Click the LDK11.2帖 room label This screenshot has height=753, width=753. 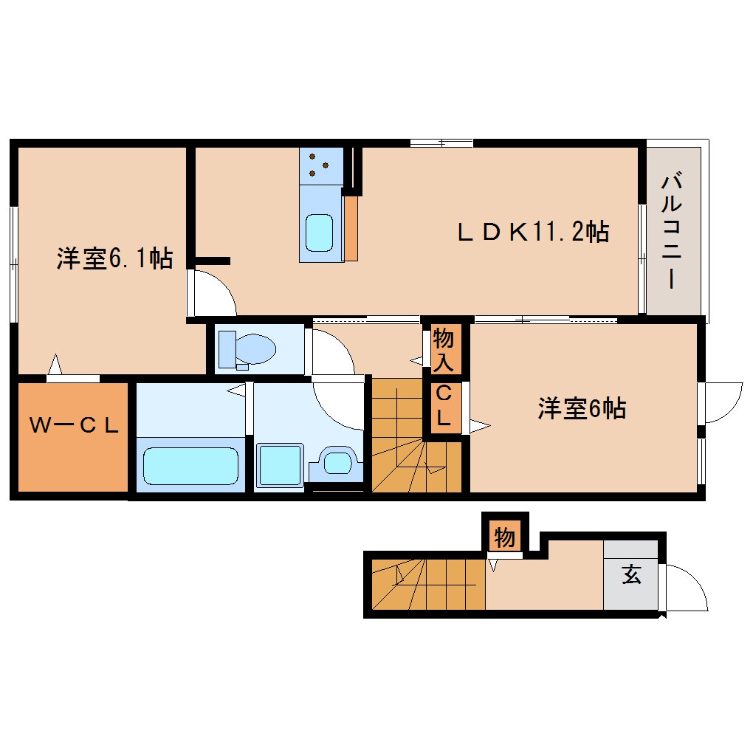532,233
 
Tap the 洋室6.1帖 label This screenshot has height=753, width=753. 114,259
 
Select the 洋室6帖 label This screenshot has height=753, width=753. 582,408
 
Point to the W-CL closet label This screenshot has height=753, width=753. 73,426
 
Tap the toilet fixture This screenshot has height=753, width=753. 247,349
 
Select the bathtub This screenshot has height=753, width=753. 191,464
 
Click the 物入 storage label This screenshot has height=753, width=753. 444,349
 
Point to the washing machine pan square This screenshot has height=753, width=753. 280,465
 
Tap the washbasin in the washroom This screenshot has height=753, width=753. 337,464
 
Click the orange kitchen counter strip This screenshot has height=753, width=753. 351,227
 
